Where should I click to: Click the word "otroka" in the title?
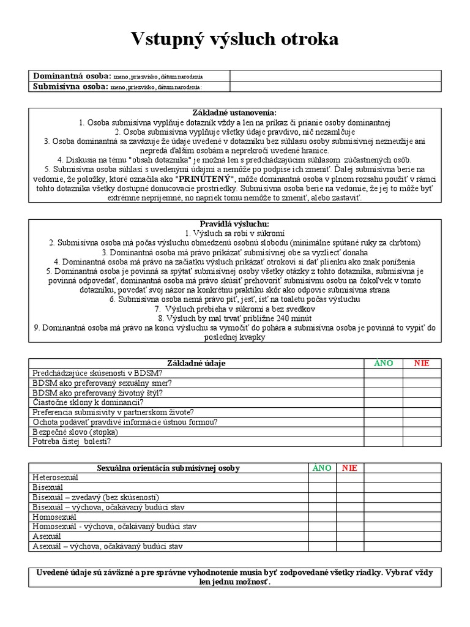coord(308,40)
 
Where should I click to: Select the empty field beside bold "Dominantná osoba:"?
coord(335,76)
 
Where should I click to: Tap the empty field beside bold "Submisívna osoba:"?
coord(335,87)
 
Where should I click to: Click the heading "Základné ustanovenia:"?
coord(234,113)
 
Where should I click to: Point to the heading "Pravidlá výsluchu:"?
coord(234,224)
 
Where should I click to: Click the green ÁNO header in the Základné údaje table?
coord(384,363)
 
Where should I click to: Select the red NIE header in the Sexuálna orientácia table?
coord(349,468)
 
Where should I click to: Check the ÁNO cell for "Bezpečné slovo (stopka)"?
coord(384,432)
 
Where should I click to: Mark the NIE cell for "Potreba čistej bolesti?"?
coord(422,441)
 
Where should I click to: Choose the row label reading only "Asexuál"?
coord(47,536)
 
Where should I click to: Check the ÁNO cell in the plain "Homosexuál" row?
coord(322,517)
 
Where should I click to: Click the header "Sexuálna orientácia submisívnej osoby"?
coord(168,468)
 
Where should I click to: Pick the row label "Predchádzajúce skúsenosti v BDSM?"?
coord(97,373)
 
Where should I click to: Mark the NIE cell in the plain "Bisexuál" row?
coord(349,487)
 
